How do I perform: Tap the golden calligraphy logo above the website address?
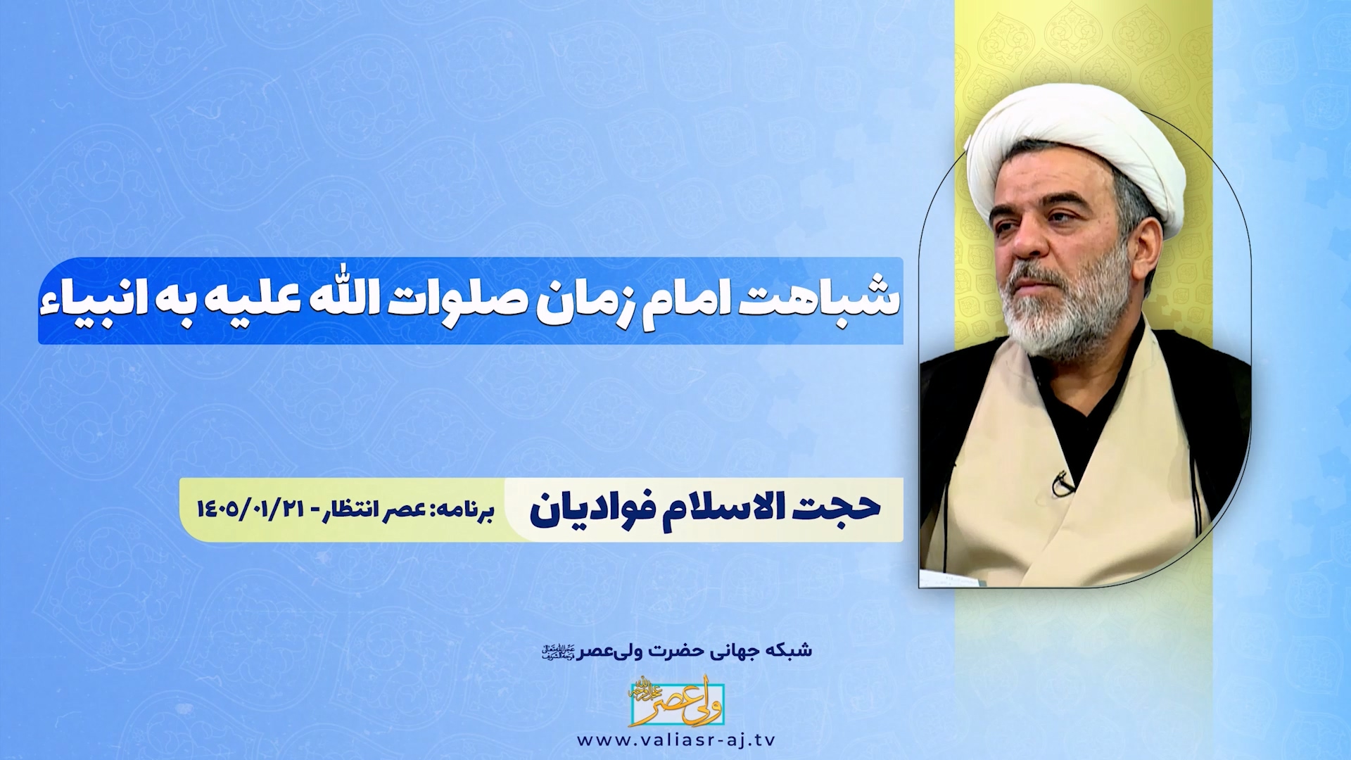coord(676,702)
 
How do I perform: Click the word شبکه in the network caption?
coord(794,650)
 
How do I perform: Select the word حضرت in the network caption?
coord(657,650)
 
